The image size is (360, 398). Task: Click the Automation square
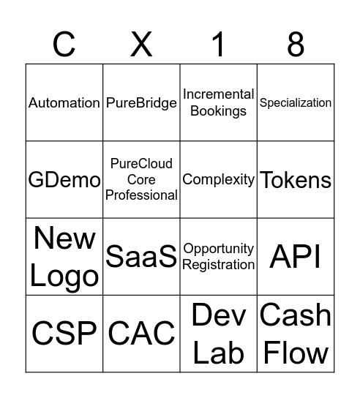64,103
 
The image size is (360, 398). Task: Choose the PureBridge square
141,103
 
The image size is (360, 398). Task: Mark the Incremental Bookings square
218,103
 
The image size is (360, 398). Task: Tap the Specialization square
296,103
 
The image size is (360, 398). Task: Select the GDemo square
64,180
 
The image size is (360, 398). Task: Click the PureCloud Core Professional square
141,180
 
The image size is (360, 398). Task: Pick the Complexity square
218,180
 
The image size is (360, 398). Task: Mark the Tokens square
296,180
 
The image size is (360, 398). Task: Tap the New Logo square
64,257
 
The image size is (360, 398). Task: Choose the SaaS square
141,257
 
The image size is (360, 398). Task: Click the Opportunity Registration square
218,257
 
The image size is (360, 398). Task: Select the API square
296,257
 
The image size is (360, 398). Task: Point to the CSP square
64,334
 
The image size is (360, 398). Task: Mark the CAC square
141,334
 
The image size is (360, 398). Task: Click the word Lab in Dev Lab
218,353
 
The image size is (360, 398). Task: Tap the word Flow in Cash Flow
296,353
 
